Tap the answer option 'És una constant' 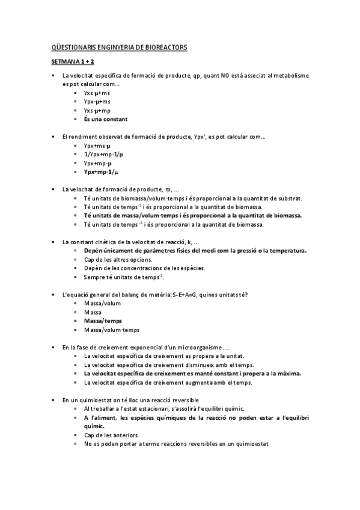106,119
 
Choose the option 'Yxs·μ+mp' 97,111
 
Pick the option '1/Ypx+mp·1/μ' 105,155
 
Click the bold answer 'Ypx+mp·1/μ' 102,172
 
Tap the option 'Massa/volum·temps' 112,330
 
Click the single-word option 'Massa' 93,312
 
